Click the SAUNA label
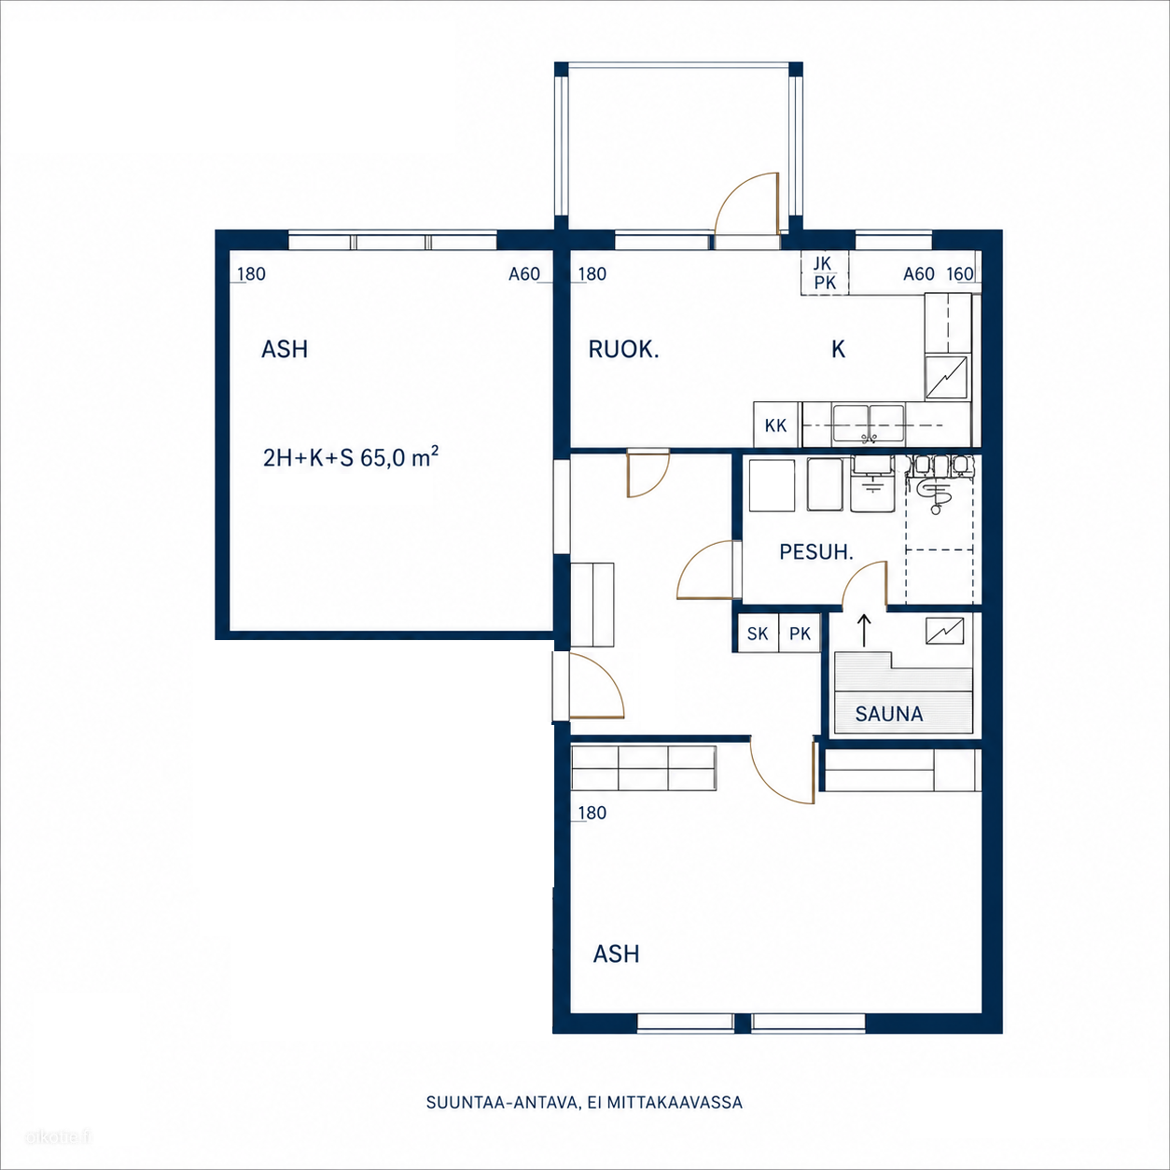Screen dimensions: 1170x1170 coord(889,714)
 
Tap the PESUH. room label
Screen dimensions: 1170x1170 coord(816,552)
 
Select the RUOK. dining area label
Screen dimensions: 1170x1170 coord(623,350)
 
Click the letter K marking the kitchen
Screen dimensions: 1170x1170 coord(839,350)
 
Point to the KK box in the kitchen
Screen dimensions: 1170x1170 coord(776,425)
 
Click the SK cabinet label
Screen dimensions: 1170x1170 coord(758,634)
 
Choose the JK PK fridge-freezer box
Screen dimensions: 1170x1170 coord(825,273)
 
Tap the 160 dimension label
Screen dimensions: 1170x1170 coord(960,274)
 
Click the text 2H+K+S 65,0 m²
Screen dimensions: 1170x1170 coord(351,458)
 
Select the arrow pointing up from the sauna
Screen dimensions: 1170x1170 coord(864,631)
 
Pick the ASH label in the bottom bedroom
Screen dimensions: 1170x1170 coord(617,954)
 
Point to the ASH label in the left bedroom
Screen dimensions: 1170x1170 coord(285,350)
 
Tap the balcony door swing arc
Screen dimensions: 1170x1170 coord(738,193)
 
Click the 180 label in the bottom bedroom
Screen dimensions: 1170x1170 coord(592,813)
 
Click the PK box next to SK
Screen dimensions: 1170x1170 coord(800,634)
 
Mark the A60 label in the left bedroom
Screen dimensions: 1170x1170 coord(524,274)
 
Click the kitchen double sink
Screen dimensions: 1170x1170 coord(869,424)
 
